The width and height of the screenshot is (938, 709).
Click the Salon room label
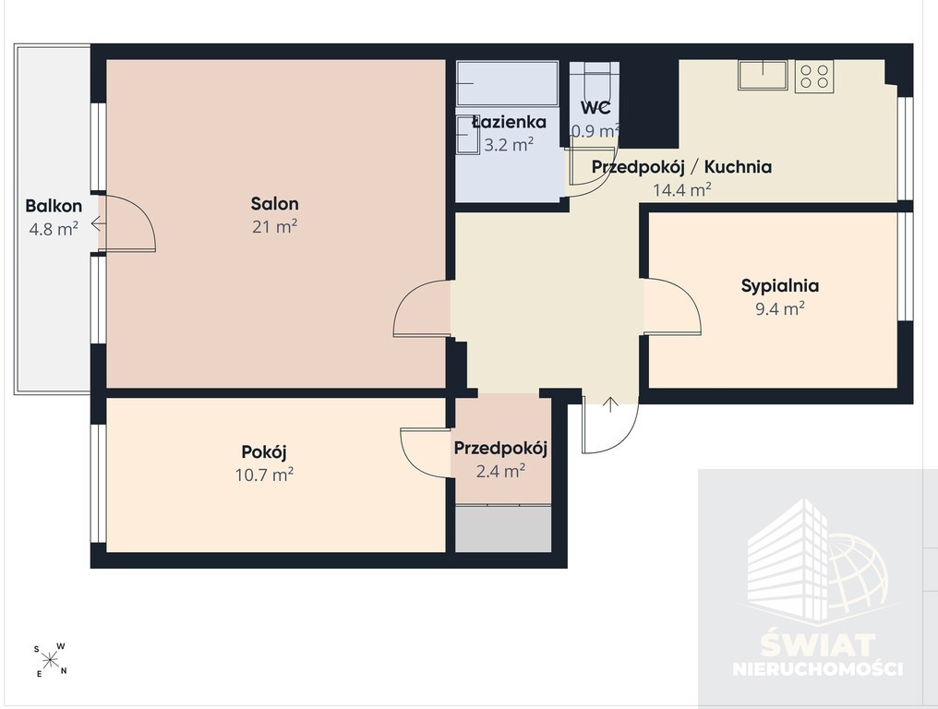[x=274, y=203]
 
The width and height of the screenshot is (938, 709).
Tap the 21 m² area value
[x=274, y=227]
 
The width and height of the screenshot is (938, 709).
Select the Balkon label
[x=54, y=206]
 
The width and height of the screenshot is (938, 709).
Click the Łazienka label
[x=509, y=122]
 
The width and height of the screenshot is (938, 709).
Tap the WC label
[x=595, y=108]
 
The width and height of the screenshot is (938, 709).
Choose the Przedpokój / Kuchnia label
[x=681, y=167]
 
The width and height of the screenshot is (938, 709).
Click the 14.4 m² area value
[x=682, y=190]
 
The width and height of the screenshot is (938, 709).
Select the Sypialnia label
[x=780, y=286]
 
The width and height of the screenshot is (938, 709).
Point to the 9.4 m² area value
[x=780, y=308]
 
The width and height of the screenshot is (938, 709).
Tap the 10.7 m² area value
[x=264, y=475]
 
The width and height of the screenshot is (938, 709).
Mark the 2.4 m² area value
[x=500, y=472]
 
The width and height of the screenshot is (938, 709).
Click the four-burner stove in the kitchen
[x=814, y=76]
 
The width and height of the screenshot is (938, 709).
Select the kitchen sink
[x=763, y=75]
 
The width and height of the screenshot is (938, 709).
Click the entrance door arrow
[x=610, y=404]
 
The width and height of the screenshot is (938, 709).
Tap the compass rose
[x=51, y=660]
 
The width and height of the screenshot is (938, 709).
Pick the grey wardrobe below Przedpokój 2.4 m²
[x=503, y=529]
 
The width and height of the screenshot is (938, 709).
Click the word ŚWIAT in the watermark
[x=818, y=645]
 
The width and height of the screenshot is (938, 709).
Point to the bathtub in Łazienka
[x=507, y=83]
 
